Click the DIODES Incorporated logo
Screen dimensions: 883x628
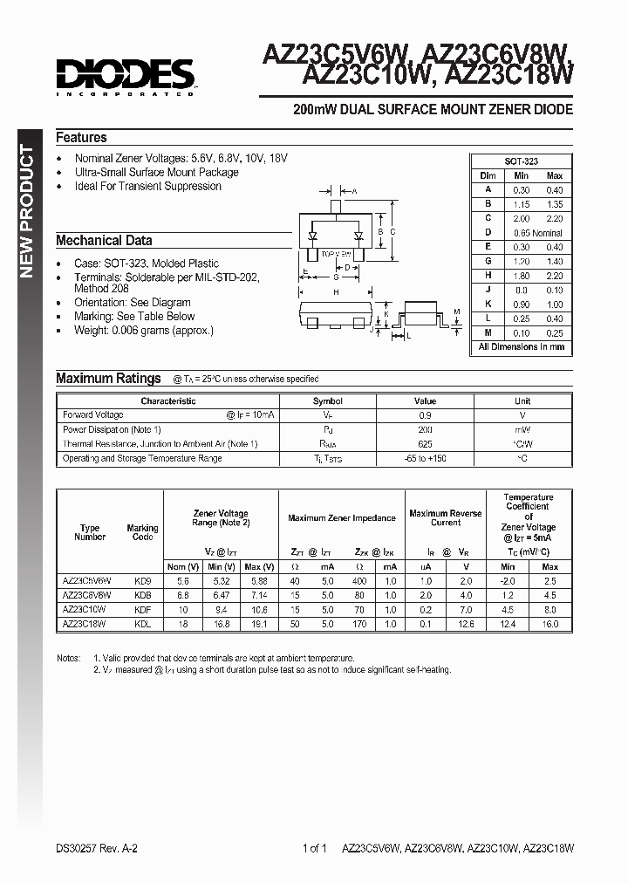click(124, 76)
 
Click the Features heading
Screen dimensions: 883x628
click(81, 138)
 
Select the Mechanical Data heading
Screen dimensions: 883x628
click(104, 240)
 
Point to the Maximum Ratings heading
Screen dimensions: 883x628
click(108, 378)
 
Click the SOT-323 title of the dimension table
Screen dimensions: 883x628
click(522, 161)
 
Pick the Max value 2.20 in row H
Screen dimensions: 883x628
click(554, 275)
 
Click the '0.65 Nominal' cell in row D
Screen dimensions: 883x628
click(536, 232)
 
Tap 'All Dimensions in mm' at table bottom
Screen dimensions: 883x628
click(522, 346)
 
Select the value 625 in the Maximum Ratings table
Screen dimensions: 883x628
click(425, 444)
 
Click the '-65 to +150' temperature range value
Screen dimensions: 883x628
click(425, 458)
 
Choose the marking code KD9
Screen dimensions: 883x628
click(142, 580)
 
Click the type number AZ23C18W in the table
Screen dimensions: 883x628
click(84, 625)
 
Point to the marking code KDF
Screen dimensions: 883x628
click(142, 610)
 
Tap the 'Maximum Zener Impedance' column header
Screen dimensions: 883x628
click(342, 518)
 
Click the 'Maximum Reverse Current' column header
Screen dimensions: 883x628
click(445, 518)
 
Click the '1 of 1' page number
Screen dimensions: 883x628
click(313, 847)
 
